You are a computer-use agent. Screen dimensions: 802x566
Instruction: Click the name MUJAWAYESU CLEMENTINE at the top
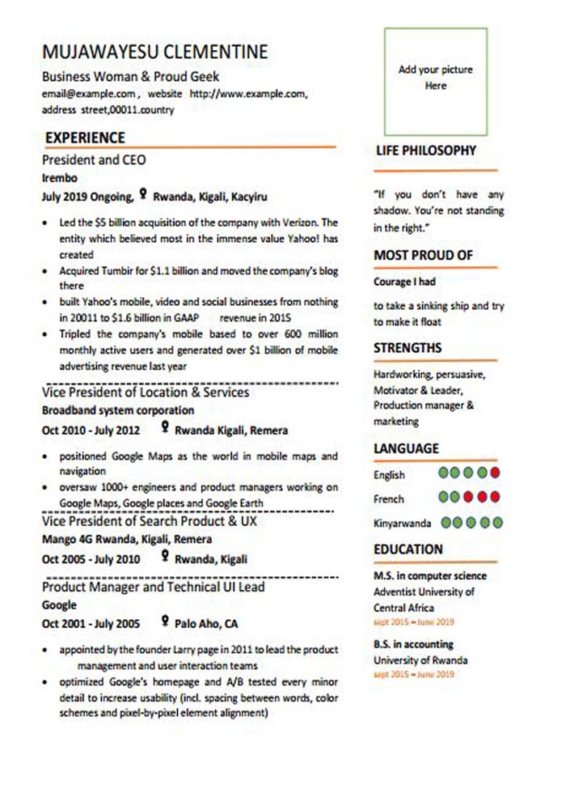(154, 53)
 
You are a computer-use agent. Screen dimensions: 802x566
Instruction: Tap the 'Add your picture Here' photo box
(435, 81)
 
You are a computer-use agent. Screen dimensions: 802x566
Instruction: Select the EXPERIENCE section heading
(85, 138)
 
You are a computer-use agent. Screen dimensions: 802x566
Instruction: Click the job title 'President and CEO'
(94, 160)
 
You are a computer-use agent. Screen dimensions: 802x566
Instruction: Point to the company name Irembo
(59, 178)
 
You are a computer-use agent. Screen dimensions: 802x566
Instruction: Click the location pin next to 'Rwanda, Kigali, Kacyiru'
(143, 194)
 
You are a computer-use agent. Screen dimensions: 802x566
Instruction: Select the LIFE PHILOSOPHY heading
(426, 151)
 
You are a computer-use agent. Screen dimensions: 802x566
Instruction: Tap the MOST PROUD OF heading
(423, 256)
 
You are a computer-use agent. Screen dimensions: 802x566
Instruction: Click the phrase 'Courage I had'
(404, 282)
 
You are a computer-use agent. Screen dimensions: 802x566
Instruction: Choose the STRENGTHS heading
(408, 348)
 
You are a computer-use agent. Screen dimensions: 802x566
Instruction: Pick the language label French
(389, 499)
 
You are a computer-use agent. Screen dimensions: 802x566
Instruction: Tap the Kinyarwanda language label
(402, 524)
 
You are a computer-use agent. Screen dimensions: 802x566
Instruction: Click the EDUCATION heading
(408, 550)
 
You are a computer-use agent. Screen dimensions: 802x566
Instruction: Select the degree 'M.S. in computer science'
(430, 576)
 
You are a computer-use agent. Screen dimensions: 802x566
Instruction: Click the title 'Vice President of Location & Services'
(146, 393)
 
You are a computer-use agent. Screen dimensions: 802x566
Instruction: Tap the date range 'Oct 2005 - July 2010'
(91, 559)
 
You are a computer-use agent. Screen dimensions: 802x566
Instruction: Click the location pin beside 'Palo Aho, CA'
(165, 622)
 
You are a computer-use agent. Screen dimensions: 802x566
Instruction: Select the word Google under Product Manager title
(59, 605)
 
